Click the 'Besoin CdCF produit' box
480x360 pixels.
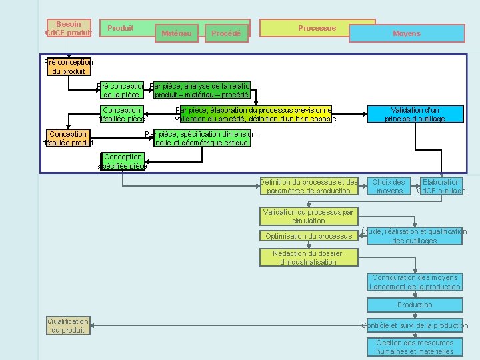click(x=69, y=29)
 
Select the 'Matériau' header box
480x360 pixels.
click(x=177, y=33)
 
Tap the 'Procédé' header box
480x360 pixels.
click(x=226, y=33)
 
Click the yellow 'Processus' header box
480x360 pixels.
click(x=317, y=28)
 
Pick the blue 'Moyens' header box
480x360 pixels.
click(x=407, y=33)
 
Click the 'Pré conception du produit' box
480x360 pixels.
click(x=68, y=67)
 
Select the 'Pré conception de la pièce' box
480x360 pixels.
click(x=121, y=91)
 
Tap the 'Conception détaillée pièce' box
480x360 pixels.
click(x=122, y=114)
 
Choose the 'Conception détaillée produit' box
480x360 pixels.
click(x=68, y=138)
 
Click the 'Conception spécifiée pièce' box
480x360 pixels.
click(x=122, y=161)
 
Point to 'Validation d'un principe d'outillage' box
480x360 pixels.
click(x=415, y=114)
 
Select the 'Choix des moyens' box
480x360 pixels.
click(x=389, y=186)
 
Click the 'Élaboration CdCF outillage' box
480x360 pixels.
click(x=441, y=186)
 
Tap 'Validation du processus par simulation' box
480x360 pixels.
click(x=309, y=216)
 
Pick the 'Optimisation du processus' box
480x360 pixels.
click(x=309, y=236)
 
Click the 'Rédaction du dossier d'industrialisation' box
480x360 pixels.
click(x=309, y=257)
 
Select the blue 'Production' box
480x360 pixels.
click(x=415, y=305)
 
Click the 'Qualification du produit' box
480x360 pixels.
click(x=68, y=325)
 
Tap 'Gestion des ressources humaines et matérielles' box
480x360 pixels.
click(x=415, y=347)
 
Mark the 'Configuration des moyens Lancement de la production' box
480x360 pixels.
click(x=415, y=282)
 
